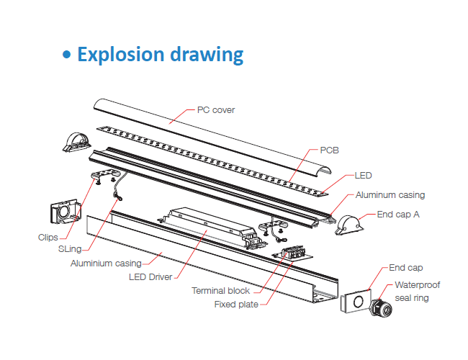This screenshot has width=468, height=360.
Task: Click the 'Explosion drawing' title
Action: pos(160,54)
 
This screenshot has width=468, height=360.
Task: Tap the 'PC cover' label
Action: pos(216,110)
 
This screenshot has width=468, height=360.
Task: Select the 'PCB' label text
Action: pos(330,150)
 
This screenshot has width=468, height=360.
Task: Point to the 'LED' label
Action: pos(364,175)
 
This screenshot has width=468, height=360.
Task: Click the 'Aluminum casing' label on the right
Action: pos(390,194)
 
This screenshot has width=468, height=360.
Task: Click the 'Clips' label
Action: pos(48,236)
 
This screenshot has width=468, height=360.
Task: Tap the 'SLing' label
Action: pos(71,248)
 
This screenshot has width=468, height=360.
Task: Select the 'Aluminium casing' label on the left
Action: pos(106,263)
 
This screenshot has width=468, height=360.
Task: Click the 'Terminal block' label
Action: pos(221,290)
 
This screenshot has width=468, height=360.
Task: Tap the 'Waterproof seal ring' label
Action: pos(417,291)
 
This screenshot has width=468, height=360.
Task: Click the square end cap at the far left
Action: pos(65,213)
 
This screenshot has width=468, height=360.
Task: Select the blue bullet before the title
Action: pos(67,55)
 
